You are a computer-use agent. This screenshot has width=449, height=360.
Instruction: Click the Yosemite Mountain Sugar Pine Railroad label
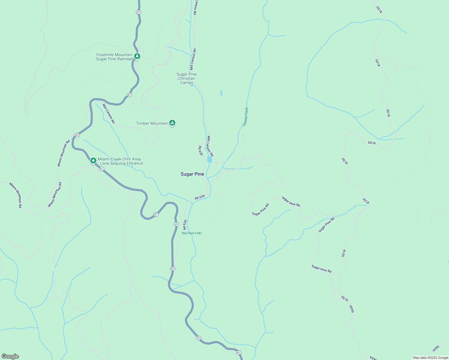point(114,57)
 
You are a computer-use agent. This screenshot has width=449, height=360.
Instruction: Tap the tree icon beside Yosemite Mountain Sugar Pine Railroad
point(137,56)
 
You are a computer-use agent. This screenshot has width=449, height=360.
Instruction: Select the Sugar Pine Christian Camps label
point(186,78)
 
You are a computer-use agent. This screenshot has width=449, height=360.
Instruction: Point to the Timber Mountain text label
point(152,123)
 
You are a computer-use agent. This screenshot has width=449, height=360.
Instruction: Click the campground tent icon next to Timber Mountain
point(172,123)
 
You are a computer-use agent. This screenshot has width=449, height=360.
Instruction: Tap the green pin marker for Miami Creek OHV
point(93,161)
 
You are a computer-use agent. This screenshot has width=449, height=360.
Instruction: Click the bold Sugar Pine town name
point(192,174)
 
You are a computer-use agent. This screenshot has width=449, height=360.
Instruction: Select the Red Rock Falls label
point(192,233)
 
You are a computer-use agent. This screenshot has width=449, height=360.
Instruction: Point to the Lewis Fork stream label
point(246,116)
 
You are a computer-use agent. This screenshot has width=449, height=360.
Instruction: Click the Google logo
point(10,356)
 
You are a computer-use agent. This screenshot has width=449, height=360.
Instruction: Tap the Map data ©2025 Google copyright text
point(430,358)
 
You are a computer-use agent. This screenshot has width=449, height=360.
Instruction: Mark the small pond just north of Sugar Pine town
point(209,159)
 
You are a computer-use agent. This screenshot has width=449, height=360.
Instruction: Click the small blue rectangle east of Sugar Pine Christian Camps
point(221,93)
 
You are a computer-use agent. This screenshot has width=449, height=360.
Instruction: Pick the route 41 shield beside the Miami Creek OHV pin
point(101,169)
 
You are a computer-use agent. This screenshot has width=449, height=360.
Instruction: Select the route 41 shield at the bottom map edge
point(238,352)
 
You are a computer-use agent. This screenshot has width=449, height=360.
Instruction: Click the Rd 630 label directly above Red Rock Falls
point(185,225)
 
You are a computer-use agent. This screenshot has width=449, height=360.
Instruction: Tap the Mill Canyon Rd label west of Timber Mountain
point(108,113)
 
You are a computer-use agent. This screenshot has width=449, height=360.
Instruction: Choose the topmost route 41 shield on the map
point(138,12)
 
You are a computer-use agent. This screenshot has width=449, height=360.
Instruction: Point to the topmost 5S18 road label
point(379,10)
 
